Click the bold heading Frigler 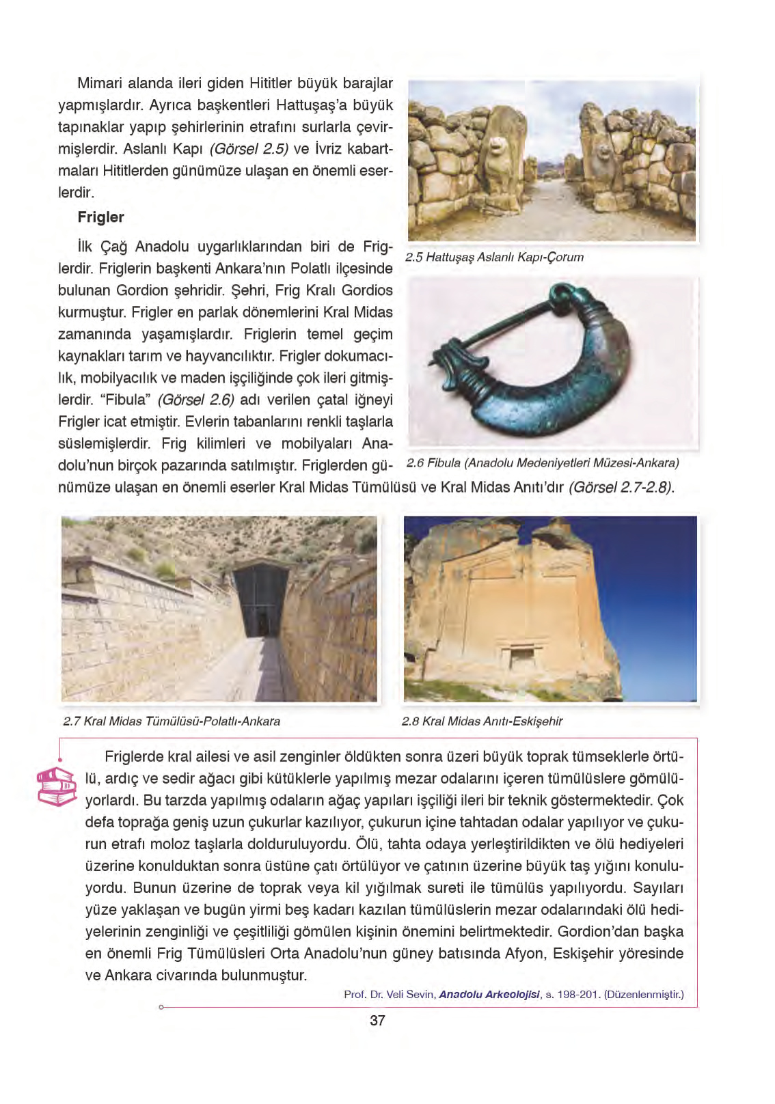(x=100, y=217)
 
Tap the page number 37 (x=377, y=1021)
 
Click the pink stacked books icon (x=56, y=786)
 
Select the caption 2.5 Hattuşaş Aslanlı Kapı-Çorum (x=494, y=258)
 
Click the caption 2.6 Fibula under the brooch (x=543, y=463)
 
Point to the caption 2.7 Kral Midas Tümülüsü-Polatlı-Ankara (x=172, y=721)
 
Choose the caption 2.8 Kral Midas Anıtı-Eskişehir (x=482, y=721)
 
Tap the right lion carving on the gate (x=603, y=153)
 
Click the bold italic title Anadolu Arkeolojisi (x=489, y=995)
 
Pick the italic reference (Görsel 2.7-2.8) (x=621, y=488)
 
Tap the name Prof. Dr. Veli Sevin (x=389, y=995)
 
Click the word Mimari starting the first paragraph (x=101, y=83)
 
